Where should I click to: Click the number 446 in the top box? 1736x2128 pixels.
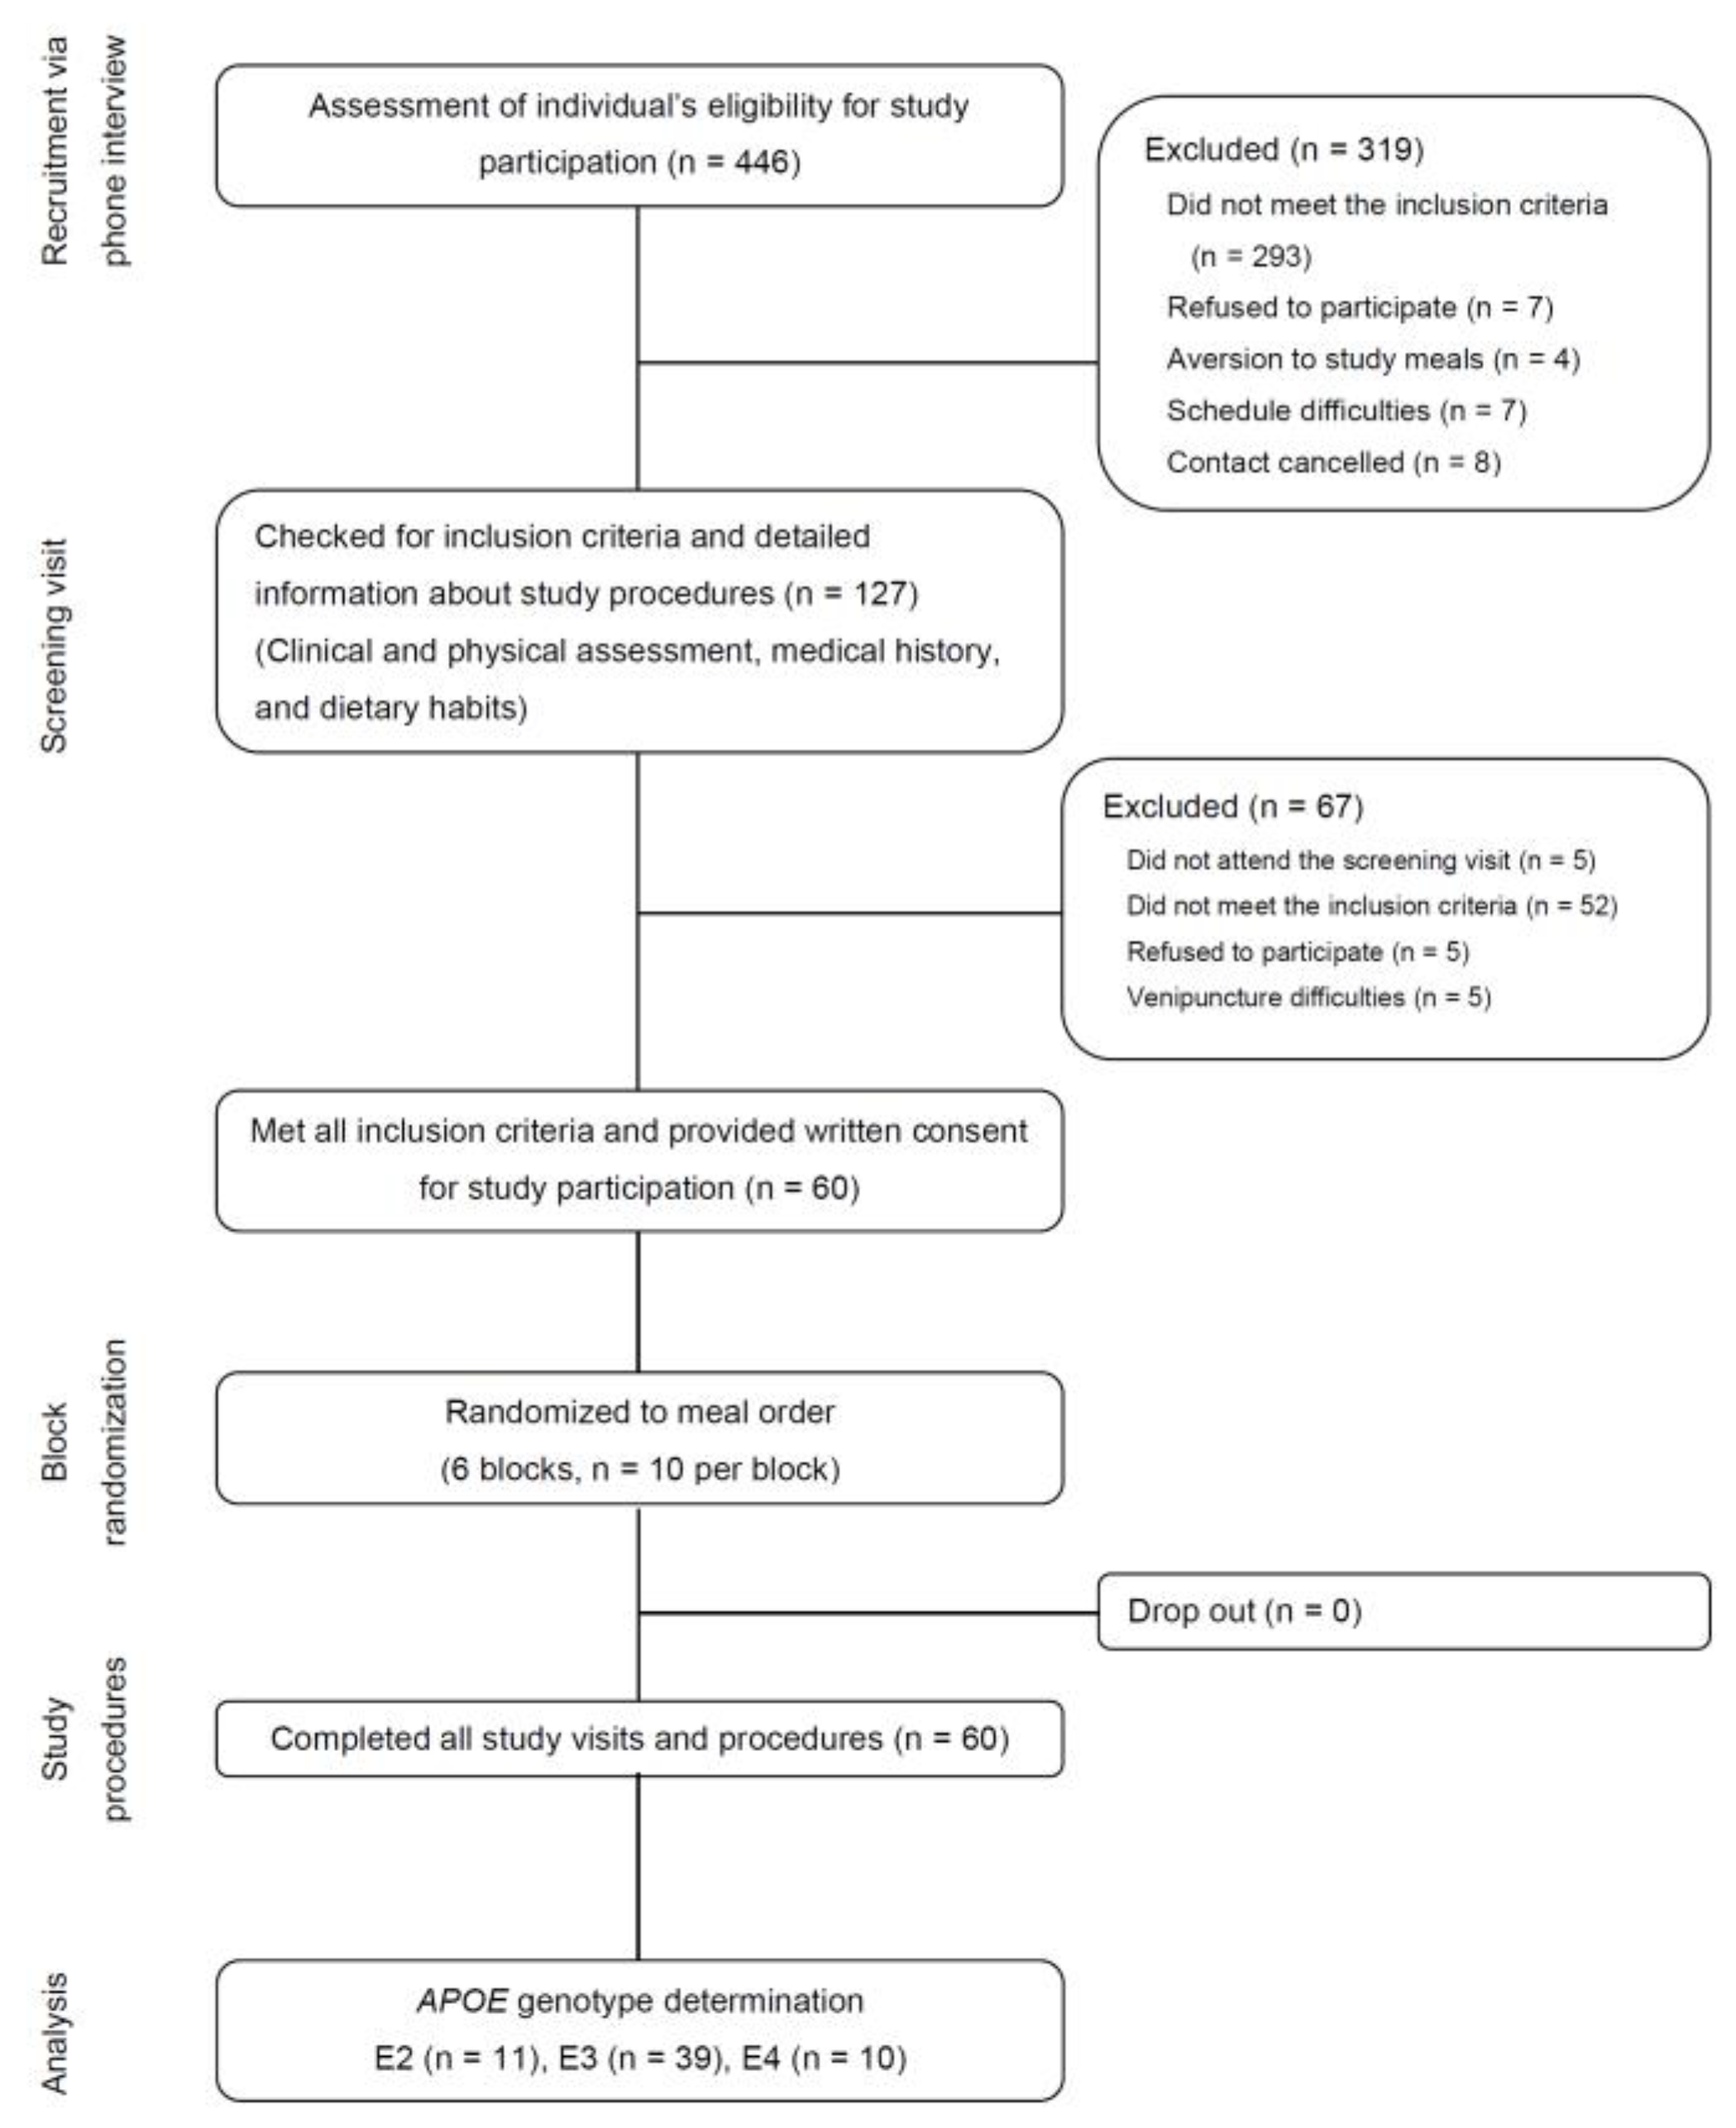pos(762,162)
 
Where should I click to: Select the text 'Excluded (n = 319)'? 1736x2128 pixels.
pos(1283,150)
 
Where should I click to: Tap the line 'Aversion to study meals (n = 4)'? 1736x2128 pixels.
pos(1372,359)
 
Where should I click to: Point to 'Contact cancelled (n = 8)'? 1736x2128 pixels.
pos(1333,463)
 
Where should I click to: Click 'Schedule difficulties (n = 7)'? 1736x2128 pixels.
pos(1346,411)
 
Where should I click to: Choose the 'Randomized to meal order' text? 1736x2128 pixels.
pos(639,1412)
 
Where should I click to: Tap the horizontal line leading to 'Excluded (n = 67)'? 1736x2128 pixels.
pos(850,913)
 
